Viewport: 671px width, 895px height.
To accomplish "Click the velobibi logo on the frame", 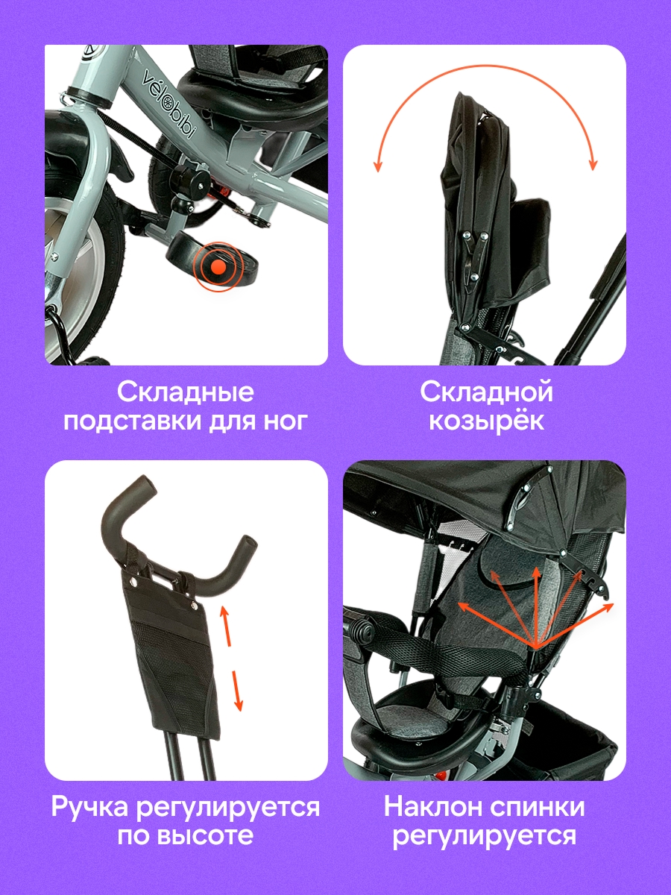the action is point(168,104).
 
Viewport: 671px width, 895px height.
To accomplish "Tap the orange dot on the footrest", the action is point(218,267).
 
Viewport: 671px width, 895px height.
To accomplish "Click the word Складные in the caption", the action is point(186,392).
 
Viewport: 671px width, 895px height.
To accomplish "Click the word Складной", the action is point(486,392).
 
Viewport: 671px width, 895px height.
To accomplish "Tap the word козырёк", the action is point(486,421).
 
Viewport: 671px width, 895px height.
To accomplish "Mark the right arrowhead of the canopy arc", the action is point(593,164).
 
